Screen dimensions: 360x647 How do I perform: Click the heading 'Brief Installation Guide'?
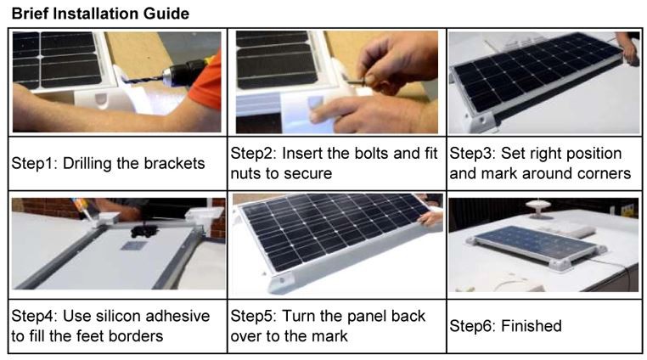point(100,14)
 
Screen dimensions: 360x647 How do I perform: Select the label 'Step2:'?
point(253,154)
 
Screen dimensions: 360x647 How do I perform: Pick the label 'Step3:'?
point(472,154)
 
